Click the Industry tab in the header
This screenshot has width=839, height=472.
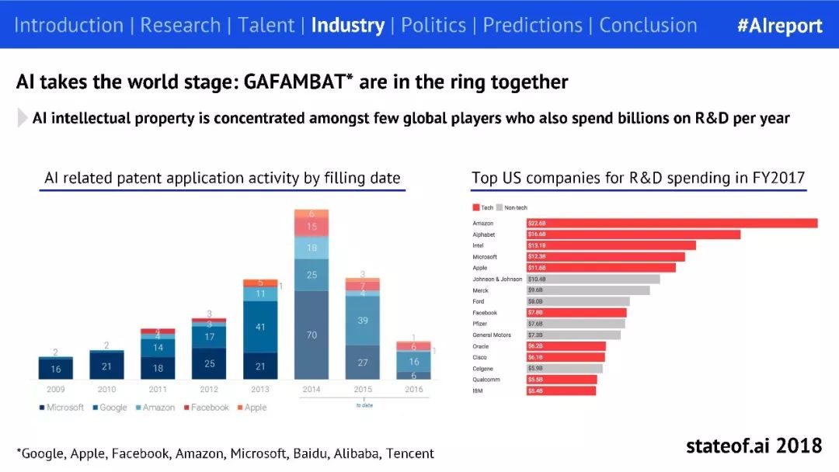pyautogui.click(x=347, y=25)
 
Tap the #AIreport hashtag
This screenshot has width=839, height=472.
pyautogui.click(x=779, y=25)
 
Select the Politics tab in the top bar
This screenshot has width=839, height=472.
pyautogui.click(x=433, y=25)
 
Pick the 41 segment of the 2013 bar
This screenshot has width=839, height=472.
pyautogui.click(x=260, y=327)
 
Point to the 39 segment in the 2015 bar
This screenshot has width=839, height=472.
pyautogui.click(x=362, y=321)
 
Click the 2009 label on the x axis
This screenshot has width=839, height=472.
pyautogui.click(x=56, y=389)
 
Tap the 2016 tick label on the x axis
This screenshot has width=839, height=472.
pyautogui.click(x=414, y=389)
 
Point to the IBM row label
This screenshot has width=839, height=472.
pyautogui.click(x=478, y=390)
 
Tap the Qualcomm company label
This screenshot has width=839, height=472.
pyautogui.click(x=486, y=380)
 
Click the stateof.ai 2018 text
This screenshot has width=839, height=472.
pyautogui.click(x=753, y=446)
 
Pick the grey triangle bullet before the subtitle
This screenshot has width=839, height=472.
pyautogui.click(x=22, y=118)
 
